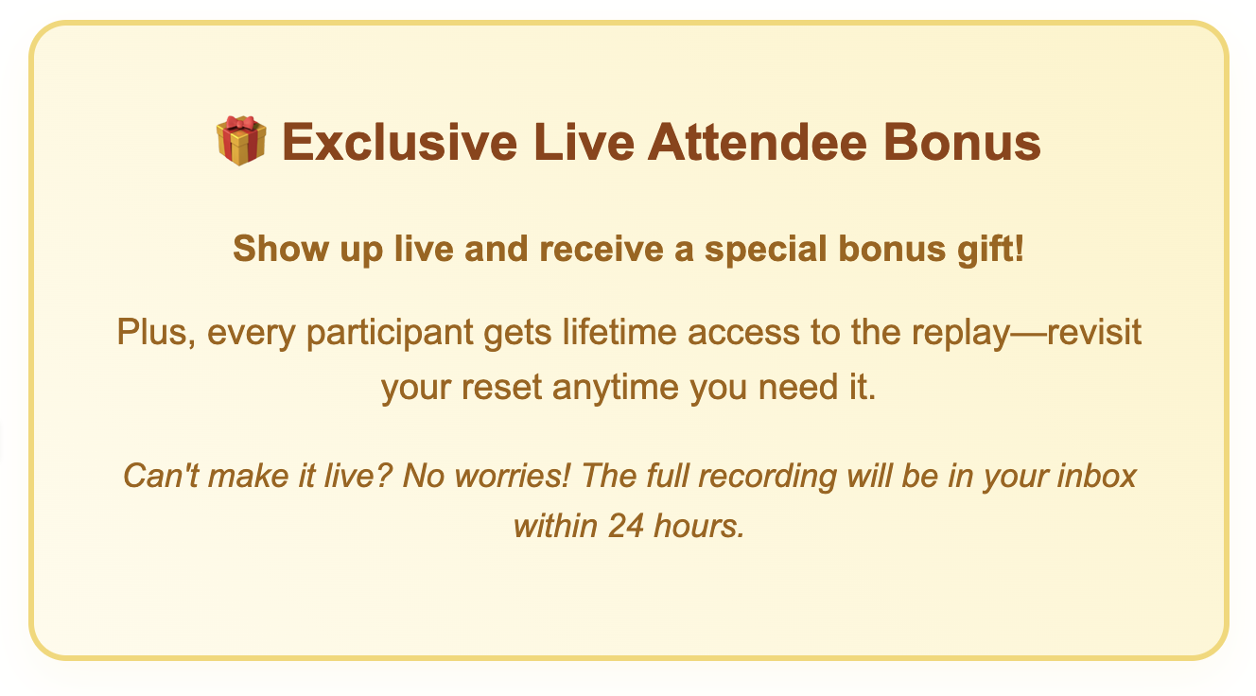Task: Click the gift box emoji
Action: point(241,141)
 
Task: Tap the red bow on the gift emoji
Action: point(241,123)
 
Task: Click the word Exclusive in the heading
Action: point(399,143)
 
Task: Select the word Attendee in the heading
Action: point(758,143)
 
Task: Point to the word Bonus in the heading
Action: point(962,143)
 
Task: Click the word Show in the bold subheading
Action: point(281,249)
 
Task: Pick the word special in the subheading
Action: point(765,250)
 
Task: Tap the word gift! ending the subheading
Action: point(990,250)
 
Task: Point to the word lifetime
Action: point(619,332)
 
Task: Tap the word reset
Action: point(502,388)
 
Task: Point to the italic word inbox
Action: point(1096,477)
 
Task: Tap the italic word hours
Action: point(699,526)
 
